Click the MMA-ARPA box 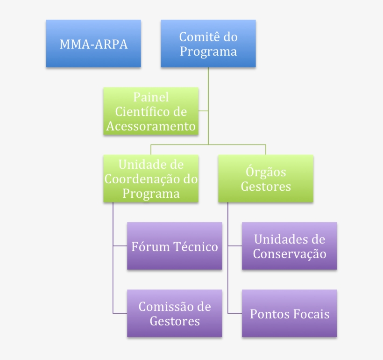[93, 43]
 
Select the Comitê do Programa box [208, 43]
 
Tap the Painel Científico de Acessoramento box [151, 111]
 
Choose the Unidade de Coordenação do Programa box [151, 179]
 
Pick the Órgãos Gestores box [266, 179]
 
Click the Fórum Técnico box [175, 246]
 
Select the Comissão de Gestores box [175, 314]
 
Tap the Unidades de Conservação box [289, 246]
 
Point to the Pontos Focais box [289, 314]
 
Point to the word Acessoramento [151, 126]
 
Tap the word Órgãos [266, 172]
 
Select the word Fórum [149, 246]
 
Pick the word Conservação [289, 254]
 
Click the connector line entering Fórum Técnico [120, 246]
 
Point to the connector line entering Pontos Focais [234, 313]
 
